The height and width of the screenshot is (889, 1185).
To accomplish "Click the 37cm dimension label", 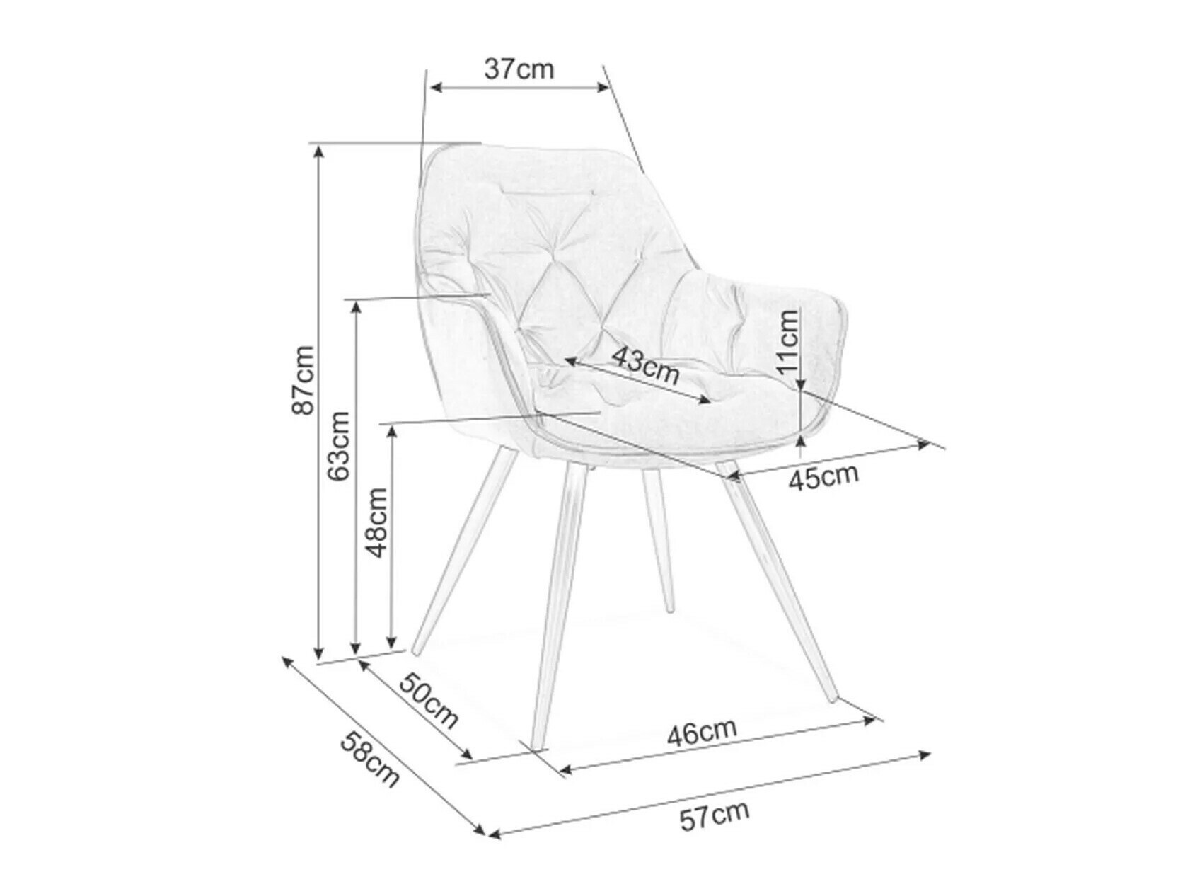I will [519, 69].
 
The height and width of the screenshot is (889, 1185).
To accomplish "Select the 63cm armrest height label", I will [340, 446].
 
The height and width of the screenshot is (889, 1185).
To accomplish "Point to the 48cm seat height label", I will [376, 522].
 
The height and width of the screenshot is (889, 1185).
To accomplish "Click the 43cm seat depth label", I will [644, 365].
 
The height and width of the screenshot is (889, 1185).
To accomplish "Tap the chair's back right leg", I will [659, 538].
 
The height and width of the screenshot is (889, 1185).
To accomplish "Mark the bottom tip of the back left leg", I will [417, 650].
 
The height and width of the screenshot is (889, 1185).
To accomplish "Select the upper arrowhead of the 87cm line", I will [320, 149].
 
